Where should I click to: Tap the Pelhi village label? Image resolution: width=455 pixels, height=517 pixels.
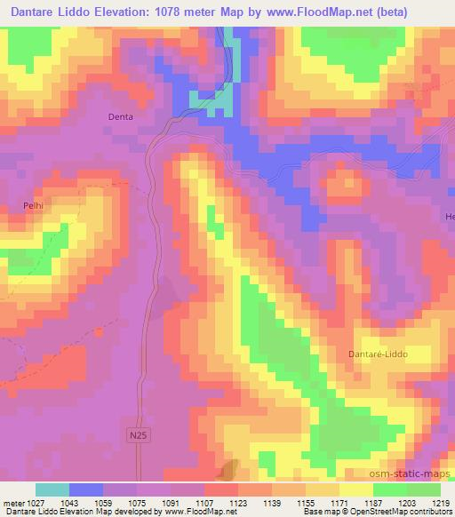[34, 205]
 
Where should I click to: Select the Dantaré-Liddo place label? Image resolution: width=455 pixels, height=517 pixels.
[374, 354]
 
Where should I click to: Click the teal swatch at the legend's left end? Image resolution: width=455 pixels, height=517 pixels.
[52, 489]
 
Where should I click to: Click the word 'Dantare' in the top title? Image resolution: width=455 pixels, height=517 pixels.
[35, 13]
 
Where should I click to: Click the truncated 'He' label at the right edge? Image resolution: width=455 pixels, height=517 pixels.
[449, 216]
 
